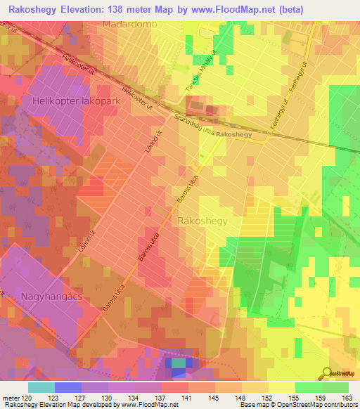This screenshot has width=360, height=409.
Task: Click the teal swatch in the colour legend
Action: click(x=41, y=387)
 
